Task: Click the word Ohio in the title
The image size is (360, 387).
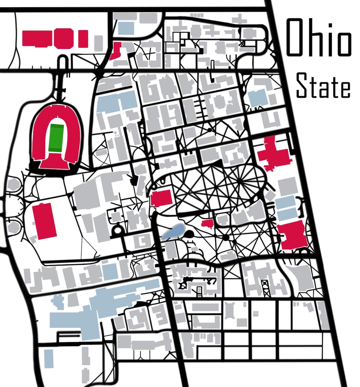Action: coord(318,37)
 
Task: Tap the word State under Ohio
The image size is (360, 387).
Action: coord(323,85)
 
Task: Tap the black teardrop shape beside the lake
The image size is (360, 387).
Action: coord(189,234)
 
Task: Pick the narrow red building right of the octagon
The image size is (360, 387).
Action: coord(83,39)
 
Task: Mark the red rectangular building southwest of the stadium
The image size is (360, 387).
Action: coord(45,221)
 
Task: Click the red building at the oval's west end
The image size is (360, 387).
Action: coord(161,198)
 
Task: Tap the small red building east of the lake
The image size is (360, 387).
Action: coord(207,224)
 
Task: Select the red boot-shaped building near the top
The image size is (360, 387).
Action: coord(115,51)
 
